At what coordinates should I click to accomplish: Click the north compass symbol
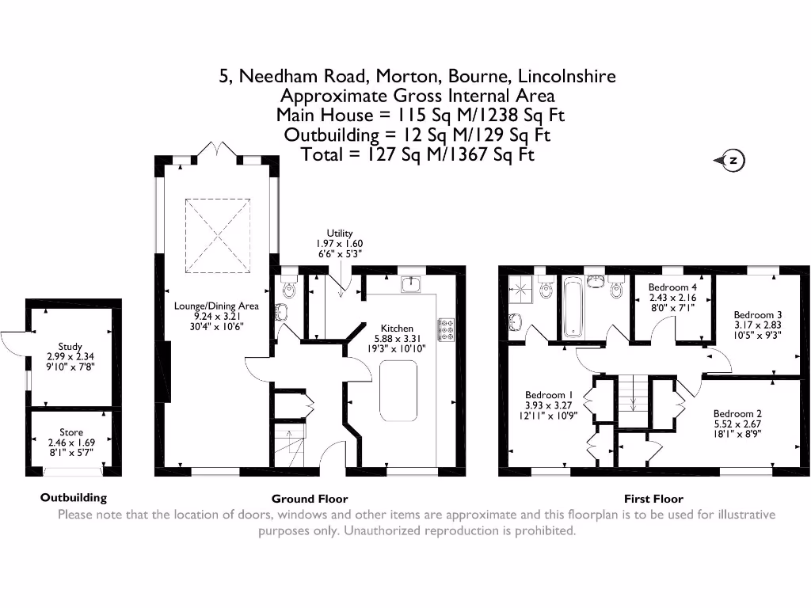[x=731, y=161]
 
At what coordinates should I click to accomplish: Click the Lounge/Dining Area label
[x=216, y=305]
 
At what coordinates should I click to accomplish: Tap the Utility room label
[x=339, y=233]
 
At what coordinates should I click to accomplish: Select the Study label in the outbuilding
[x=70, y=346]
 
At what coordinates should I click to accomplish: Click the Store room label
[x=71, y=432]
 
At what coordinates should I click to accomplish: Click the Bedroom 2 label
[x=737, y=413]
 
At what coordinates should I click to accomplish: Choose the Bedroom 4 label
[x=672, y=287]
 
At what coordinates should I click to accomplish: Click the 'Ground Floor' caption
[x=310, y=499]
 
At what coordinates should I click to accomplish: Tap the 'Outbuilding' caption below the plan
[x=74, y=498]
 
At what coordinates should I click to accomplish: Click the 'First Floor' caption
[x=653, y=499]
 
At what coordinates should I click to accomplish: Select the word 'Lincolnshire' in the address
[x=566, y=77]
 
